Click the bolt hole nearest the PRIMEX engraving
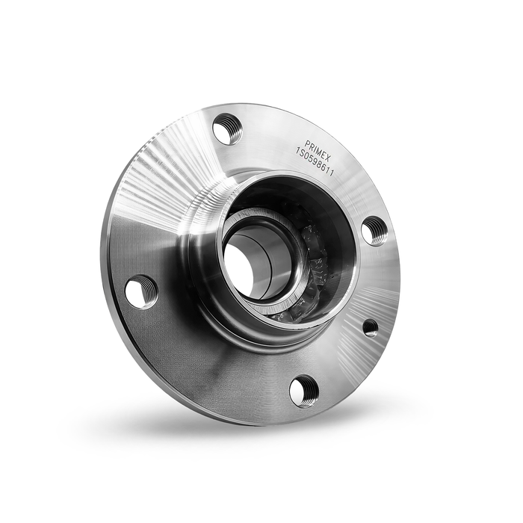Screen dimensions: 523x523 pyautogui.click(x=227, y=129)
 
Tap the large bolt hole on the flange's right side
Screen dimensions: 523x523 pyautogui.click(x=374, y=230)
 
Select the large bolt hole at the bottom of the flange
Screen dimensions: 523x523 pyautogui.click(x=304, y=390)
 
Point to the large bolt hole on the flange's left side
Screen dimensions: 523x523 pyautogui.click(x=141, y=291)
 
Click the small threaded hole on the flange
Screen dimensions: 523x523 pyautogui.click(x=370, y=327)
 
